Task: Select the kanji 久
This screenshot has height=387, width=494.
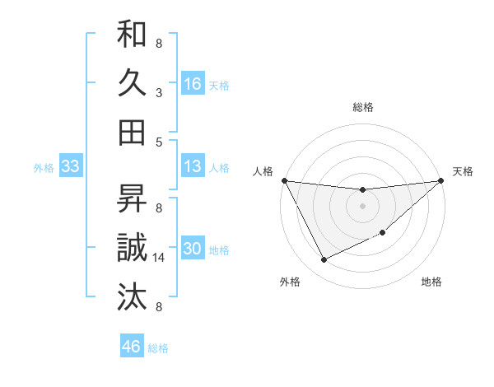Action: point(132,82)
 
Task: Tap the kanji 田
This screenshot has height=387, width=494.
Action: point(132,132)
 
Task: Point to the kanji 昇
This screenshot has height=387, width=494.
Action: point(132,198)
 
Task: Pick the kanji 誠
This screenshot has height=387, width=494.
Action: point(132,247)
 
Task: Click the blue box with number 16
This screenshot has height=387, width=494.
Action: point(193,83)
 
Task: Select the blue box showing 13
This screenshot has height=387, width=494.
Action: point(193,166)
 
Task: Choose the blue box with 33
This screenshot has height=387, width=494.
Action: point(71,166)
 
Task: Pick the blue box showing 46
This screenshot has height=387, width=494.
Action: point(132,347)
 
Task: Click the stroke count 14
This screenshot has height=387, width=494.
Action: point(160,258)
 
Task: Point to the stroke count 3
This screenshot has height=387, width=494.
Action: point(158,92)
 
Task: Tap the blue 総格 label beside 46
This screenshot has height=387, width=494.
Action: point(158,348)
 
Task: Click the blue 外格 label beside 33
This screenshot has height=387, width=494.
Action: point(44,168)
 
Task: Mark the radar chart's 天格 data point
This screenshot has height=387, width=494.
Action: point(442,180)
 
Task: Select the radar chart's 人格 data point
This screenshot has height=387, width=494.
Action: point(284,180)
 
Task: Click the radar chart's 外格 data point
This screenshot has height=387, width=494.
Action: point(324,260)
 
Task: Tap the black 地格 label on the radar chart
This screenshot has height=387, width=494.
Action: point(431,282)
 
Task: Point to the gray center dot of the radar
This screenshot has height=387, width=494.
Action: point(362,206)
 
